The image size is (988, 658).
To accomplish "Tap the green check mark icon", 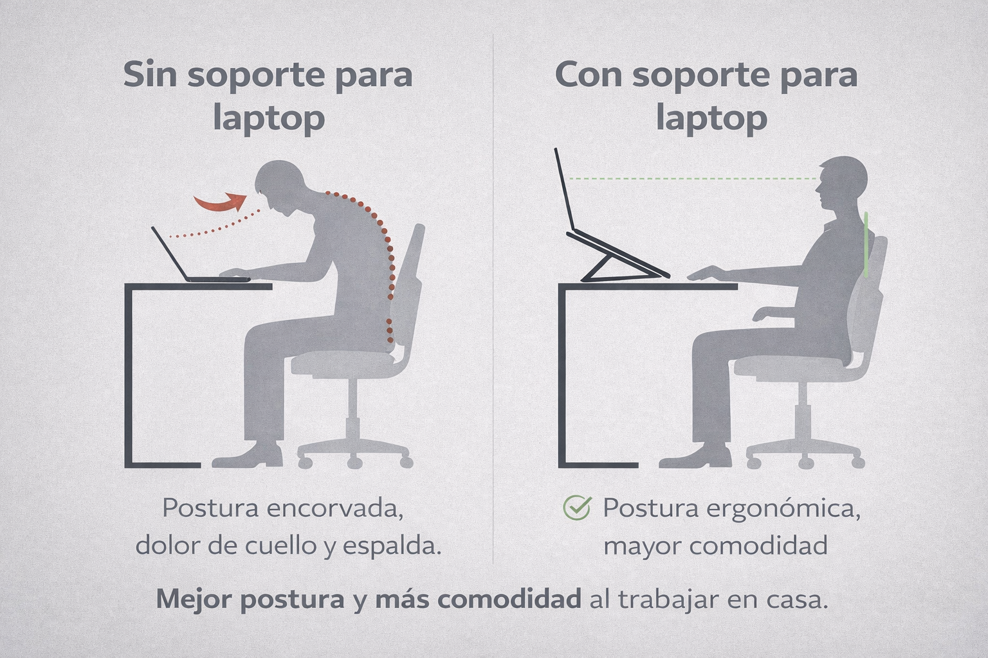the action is pyautogui.click(x=578, y=508).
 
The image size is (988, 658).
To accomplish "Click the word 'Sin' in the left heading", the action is pyautogui.click(x=150, y=75).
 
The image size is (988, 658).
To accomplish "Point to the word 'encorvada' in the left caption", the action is pyautogui.click(x=334, y=508).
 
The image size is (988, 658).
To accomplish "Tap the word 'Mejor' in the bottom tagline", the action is pyautogui.click(x=195, y=599).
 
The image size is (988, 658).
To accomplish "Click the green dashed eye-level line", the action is pyautogui.click(x=693, y=179).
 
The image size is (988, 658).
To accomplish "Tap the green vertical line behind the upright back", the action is pyautogui.click(x=866, y=245).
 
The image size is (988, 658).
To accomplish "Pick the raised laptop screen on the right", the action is pyautogui.click(x=563, y=190).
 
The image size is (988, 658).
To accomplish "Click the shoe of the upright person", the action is pyautogui.click(x=695, y=457).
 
